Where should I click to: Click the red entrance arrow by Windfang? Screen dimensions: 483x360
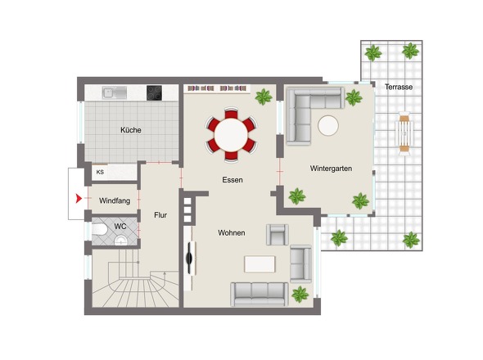pos(79,199)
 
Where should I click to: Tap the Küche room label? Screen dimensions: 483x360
pos(131,130)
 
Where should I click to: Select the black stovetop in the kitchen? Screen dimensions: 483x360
pos(155,92)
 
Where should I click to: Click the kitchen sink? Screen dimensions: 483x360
pos(115,92)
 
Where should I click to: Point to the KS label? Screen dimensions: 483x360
pos(100,172)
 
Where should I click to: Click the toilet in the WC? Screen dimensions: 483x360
pos(99,229)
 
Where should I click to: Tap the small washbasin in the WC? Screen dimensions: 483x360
pos(121,241)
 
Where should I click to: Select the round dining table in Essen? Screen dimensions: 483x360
pos(231,134)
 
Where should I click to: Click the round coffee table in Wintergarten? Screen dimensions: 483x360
pos(328,125)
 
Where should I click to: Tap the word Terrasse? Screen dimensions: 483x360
pos(399,87)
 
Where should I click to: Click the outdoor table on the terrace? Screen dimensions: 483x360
pos(404,133)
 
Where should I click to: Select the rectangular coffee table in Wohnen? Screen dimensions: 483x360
pos(260,264)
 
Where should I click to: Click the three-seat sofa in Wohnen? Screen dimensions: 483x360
pos(260,294)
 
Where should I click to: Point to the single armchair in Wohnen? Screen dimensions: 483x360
pos(278,235)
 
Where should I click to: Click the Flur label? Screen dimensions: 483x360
pos(160,215)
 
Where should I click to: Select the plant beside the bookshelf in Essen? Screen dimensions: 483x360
pos(264,97)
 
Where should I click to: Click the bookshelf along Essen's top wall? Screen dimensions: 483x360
pos(217,88)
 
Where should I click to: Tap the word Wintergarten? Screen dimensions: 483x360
pos(331,169)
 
